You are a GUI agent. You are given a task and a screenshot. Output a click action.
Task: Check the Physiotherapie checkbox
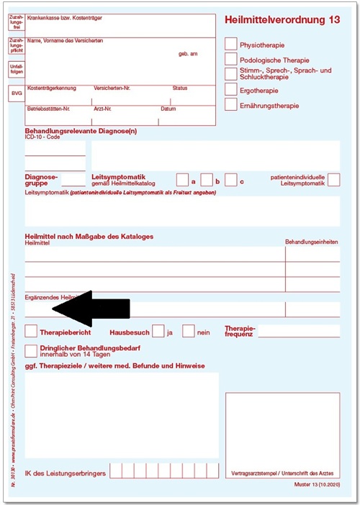[x=230, y=44]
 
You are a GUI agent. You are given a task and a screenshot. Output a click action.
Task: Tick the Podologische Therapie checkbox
[x=230, y=60]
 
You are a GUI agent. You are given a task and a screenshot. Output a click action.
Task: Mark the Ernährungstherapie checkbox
[x=230, y=105]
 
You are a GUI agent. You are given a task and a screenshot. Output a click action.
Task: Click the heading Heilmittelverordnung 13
[x=282, y=20]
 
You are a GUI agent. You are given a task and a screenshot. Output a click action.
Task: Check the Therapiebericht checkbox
[x=31, y=332]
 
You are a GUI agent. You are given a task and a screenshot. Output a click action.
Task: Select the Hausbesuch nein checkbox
[x=189, y=332]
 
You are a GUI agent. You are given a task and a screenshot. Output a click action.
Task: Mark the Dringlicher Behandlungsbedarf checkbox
[x=31, y=350]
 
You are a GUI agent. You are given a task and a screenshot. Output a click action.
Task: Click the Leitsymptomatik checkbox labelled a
[x=183, y=180]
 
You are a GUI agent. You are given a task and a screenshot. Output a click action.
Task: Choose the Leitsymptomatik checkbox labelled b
[x=207, y=180]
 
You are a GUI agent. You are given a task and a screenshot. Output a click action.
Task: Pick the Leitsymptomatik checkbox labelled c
[x=230, y=180]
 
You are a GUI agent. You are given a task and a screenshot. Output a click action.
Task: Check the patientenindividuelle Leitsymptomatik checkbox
[x=333, y=180]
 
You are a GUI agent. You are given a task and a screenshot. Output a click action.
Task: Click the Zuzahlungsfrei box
[x=16, y=23]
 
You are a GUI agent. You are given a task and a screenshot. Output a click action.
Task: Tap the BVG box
[x=16, y=94]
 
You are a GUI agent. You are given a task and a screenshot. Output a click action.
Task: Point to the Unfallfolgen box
[x=16, y=69]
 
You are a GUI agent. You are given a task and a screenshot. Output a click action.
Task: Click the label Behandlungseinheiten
[x=312, y=242]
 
